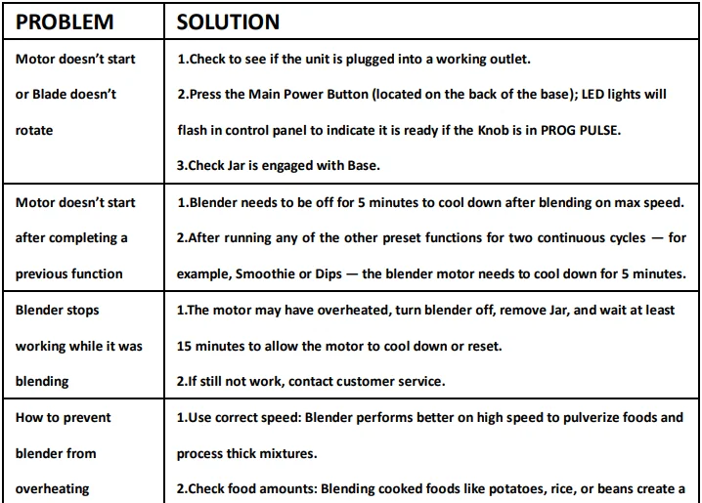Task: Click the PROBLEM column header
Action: [x=65, y=21]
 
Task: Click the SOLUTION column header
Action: [x=228, y=21]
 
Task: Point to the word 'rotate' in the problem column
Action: [x=34, y=131]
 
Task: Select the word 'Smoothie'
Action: [x=261, y=274]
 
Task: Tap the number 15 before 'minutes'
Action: [x=185, y=347]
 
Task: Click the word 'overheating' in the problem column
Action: [x=53, y=489]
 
